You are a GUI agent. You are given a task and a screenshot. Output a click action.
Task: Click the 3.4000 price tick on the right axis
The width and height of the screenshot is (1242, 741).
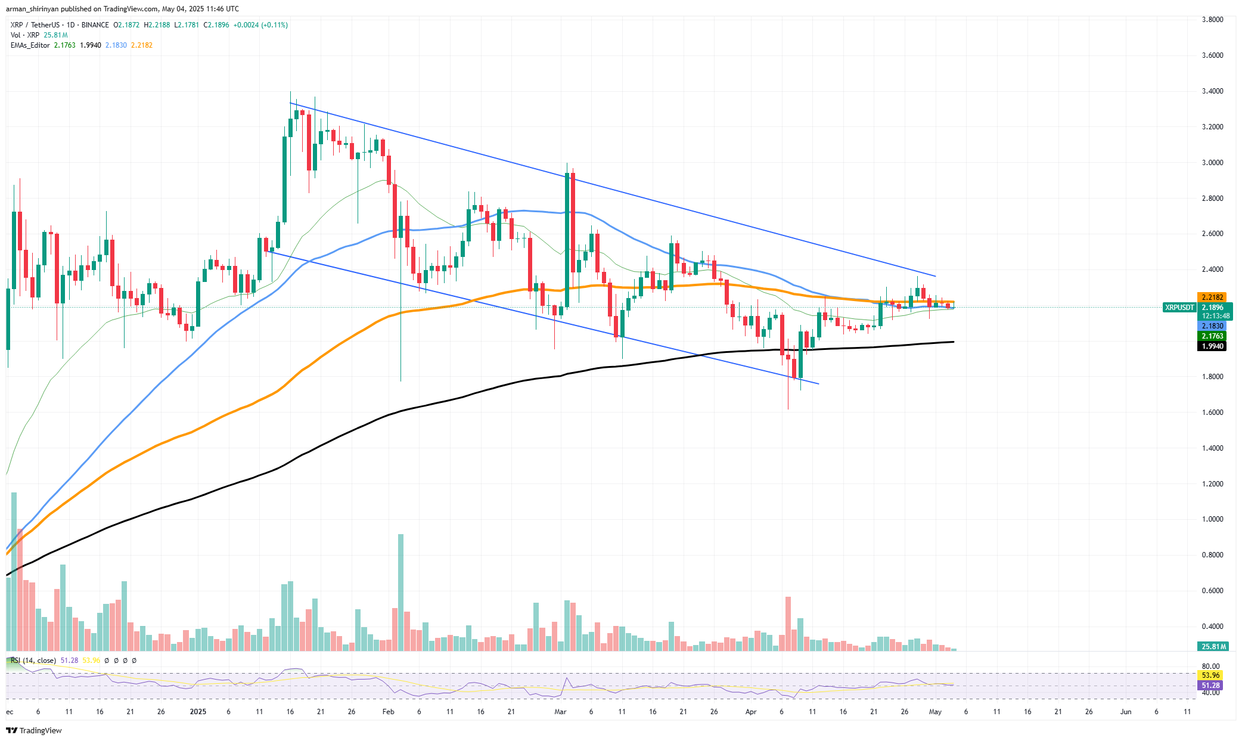(1212, 91)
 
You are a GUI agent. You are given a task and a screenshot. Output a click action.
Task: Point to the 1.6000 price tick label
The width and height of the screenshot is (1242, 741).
(1212, 413)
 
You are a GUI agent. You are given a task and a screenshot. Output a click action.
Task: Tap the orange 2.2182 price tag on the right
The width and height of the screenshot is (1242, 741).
(1212, 297)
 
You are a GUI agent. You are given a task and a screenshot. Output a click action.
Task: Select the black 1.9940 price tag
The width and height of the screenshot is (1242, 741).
(1212, 346)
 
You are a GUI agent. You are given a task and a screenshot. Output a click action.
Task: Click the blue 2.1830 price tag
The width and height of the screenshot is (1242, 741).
(1212, 326)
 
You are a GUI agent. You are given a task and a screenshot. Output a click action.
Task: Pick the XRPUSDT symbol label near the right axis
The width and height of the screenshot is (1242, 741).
(1179, 308)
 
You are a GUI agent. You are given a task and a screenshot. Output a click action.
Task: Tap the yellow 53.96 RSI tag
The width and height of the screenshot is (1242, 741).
(1210, 675)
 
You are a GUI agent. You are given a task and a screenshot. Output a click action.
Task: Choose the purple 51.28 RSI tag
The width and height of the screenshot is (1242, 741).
(1210, 686)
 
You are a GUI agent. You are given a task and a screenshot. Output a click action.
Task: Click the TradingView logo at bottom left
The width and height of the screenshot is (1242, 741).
(34, 730)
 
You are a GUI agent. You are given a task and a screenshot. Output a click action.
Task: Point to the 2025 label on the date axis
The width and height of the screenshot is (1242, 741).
(197, 712)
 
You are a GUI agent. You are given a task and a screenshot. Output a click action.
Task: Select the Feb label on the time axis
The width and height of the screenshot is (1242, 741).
(389, 712)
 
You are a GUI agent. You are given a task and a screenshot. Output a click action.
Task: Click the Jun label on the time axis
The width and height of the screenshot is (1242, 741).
(1125, 712)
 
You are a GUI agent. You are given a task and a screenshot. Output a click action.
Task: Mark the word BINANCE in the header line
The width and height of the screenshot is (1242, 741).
(95, 25)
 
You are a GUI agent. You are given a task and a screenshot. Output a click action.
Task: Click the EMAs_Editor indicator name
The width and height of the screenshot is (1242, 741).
(30, 45)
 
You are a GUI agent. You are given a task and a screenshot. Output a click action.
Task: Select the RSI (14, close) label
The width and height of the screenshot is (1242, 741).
(33, 661)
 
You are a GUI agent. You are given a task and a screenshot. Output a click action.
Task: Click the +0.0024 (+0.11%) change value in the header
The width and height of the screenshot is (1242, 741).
(260, 25)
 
